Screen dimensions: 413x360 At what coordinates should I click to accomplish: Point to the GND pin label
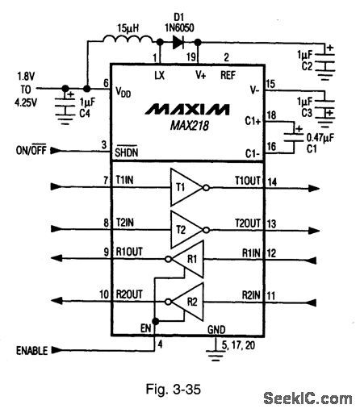point(216,329)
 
